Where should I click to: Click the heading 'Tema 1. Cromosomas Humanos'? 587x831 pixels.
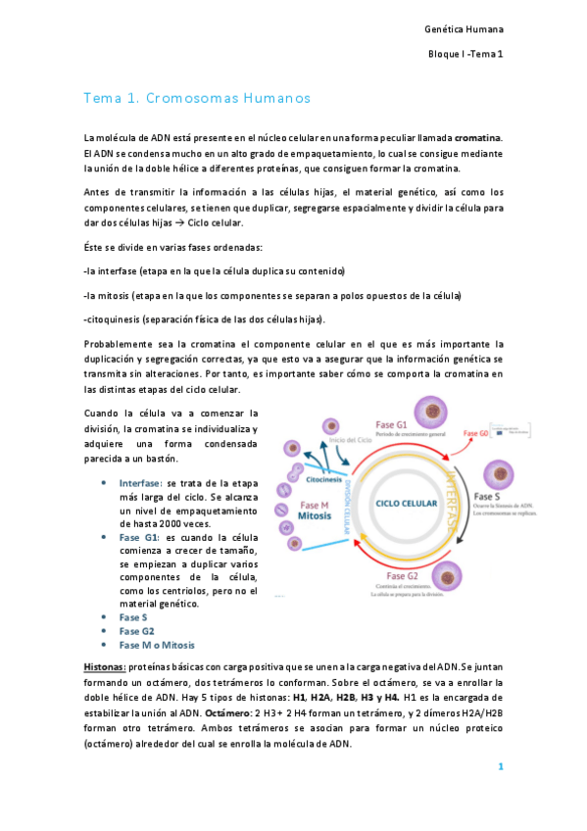[197, 99]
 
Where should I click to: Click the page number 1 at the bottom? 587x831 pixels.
[500, 766]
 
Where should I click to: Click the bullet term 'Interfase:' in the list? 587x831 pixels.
[141, 483]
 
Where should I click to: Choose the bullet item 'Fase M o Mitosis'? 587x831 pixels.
[156, 645]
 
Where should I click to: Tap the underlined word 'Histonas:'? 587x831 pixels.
[104, 665]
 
